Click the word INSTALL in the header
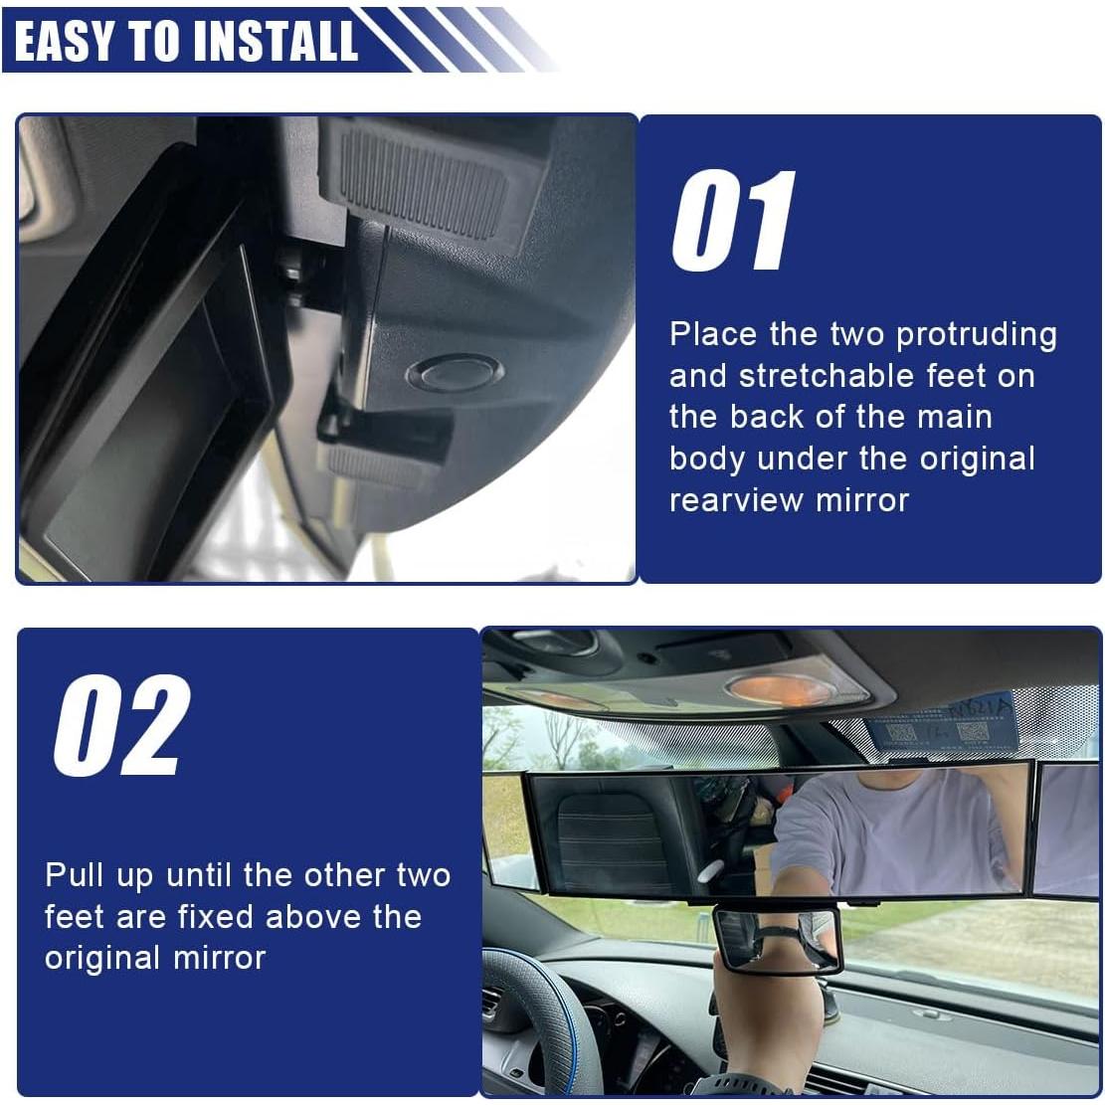pyautogui.click(x=276, y=41)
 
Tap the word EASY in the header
pyautogui.click(x=63, y=41)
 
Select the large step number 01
pyautogui.click(x=733, y=221)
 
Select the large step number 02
pyautogui.click(x=122, y=725)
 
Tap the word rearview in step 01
pyautogui.click(x=736, y=501)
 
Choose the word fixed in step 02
pyautogui.click(x=217, y=917)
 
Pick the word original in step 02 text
pyautogui.click(x=102, y=959)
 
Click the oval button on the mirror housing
pyautogui.click(x=455, y=372)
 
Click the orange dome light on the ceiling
pyautogui.click(x=778, y=688)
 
